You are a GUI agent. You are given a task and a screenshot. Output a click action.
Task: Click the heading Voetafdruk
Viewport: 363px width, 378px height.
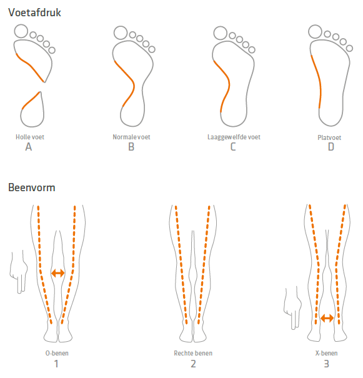pyautogui.click(x=34, y=12)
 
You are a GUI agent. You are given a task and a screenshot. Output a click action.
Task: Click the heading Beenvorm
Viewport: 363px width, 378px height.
pyautogui.click(x=32, y=187)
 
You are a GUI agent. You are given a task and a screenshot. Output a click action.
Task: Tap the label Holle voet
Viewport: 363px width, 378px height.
pyautogui.click(x=30, y=137)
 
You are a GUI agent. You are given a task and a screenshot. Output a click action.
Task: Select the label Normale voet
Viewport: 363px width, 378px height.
pyautogui.click(x=131, y=137)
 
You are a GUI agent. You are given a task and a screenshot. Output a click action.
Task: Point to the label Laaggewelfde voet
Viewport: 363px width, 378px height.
pyautogui.click(x=234, y=137)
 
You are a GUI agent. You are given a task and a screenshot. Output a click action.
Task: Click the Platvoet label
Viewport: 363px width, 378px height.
pyautogui.click(x=329, y=137)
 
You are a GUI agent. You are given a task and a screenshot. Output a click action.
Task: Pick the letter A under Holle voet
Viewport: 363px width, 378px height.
pyautogui.click(x=29, y=147)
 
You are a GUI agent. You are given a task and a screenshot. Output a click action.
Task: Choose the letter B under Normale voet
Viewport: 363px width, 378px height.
pyautogui.click(x=131, y=147)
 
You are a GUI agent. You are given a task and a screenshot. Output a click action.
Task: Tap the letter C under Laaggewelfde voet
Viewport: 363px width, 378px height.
pyautogui.click(x=233, y=147)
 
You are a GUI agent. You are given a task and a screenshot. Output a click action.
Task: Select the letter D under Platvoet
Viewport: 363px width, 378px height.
pyautogui.click(x=331, y=147)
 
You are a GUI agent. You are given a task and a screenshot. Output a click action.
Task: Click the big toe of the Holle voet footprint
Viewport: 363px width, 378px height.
pyautogui.click(x=21, y=31)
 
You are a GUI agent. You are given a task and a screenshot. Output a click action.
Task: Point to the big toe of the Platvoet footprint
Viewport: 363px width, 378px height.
pyautogui.click(x=315, y=32)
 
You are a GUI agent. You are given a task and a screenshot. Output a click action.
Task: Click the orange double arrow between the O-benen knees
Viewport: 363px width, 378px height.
pyautogui.click(x=58, y=273)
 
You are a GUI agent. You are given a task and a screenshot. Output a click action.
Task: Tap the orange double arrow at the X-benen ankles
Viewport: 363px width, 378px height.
pyautogui.click(x=327, y=318)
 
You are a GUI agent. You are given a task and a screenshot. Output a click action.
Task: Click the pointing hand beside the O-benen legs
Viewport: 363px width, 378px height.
pyautogui.click(x=18, y=272)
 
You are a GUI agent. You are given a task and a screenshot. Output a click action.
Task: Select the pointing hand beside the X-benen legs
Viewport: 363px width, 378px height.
pyautogui.click(x=292, y=308)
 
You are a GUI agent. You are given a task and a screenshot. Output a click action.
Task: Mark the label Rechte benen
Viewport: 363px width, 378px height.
pyautogui.click(x=193, y=353)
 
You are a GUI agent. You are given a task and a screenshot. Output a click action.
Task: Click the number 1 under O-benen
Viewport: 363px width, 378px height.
pyautogui.click(x=56, y=364)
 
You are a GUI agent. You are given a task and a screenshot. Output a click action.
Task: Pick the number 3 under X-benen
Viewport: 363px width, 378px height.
pyautogui.click(x=326, y=364)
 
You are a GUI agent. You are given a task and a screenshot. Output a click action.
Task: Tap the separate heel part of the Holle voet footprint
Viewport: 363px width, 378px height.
pyautogui.click(x=32, y=110)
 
